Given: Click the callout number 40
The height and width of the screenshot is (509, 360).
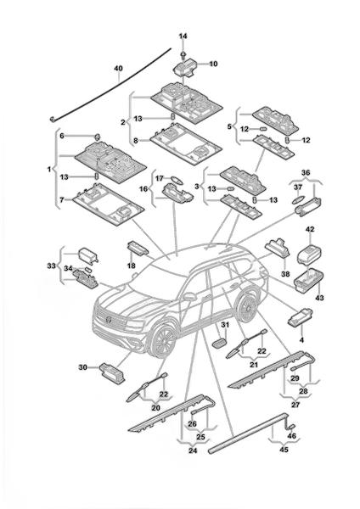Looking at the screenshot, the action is click(x=119, y=69).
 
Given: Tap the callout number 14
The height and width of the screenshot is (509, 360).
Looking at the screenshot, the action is click(x=183, y=36).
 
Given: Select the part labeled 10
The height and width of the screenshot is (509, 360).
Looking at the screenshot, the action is click(x=185, y=68).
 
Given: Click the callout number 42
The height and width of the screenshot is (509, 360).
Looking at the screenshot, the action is click(x=310, y=229).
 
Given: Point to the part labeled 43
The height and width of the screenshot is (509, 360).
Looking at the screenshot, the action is click(x=308, y=280).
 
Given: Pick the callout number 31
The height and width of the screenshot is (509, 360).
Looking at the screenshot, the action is click(x=225, y=325).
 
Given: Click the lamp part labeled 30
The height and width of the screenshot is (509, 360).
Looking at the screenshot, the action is click(x=112, y=373).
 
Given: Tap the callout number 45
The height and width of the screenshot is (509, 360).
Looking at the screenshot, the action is click(x=284, y=450).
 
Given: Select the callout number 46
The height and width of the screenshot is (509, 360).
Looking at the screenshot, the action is click(x=292, y=436).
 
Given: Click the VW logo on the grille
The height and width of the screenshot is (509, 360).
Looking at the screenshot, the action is click(x=109, y=319).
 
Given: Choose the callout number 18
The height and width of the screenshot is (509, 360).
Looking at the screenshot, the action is click(x=132, y=266).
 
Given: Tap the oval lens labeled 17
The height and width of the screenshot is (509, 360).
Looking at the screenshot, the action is click(x=177, y=179).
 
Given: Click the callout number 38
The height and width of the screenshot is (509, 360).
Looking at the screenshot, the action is click(x=285, y=274).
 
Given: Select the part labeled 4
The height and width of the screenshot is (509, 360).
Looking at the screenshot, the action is click(x=300, y=316).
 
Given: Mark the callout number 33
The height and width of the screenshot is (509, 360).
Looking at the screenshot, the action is click(x=51, y=266).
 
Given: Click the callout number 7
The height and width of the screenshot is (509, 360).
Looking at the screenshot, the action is click(x=62, y=199).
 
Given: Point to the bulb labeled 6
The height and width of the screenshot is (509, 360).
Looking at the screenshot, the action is click(x=97, y=137).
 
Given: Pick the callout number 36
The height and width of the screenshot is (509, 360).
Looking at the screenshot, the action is click(x=306, y=173).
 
